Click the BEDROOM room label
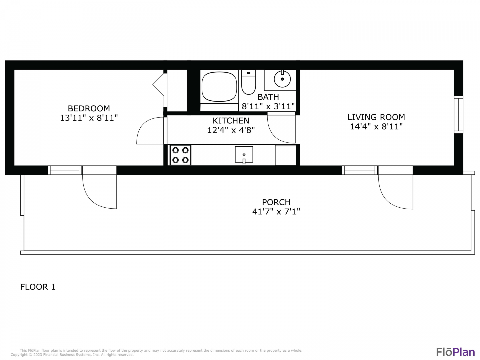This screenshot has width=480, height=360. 89,108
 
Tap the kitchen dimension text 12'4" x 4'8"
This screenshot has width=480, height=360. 231,130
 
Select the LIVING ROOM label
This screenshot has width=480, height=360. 376,117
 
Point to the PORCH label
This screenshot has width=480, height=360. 276,202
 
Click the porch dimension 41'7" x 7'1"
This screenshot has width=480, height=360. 276,212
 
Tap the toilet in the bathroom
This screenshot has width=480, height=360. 248,82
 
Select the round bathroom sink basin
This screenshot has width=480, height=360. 282,79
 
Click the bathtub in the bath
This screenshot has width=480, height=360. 219,87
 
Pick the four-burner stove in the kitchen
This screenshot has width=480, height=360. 180,155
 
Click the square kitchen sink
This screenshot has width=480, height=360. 244,155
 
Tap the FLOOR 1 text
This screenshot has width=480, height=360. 38,287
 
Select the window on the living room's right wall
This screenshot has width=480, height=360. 459,115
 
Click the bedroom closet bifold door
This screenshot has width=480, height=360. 158,84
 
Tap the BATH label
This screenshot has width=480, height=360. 268,97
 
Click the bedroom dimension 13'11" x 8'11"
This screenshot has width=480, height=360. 89,118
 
